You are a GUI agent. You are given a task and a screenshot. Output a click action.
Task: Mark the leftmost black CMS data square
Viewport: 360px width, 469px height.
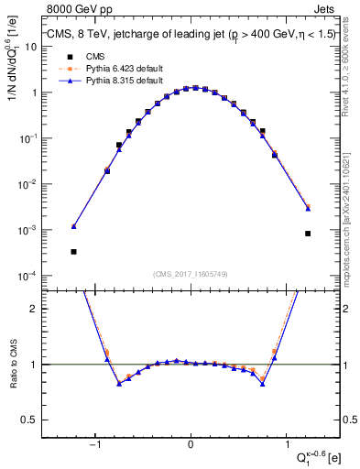pos(73,251)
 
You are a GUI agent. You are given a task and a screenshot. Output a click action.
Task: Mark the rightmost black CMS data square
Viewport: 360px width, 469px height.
pos(308,234)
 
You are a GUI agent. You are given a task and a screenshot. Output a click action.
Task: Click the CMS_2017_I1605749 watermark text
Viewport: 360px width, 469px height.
pos(191,274)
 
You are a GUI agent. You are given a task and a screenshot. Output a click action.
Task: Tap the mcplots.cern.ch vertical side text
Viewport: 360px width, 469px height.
pos(351,202)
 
